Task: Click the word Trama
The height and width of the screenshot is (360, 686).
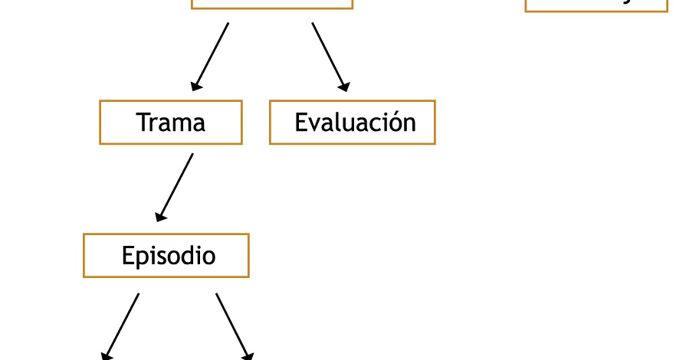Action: coord(171,123)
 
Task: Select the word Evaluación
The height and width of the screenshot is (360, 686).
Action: coord(355,123)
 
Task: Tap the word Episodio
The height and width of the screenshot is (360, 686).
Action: coord(169,256)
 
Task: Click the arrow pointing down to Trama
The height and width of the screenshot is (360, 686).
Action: coord(211,56)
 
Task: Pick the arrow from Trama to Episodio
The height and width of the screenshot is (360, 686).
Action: coord(175,187)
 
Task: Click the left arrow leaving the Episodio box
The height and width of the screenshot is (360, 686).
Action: coord(121,326)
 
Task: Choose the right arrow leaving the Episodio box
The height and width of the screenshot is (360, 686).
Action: coord(234,326)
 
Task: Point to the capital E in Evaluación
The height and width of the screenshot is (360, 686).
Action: coord(301,123)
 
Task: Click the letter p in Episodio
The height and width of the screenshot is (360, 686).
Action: coord(143,258)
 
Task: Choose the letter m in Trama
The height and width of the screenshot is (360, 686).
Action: coord(182,124)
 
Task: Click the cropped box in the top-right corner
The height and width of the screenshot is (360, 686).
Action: coord(596,5)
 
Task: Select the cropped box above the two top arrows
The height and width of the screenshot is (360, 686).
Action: coord(272,3)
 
